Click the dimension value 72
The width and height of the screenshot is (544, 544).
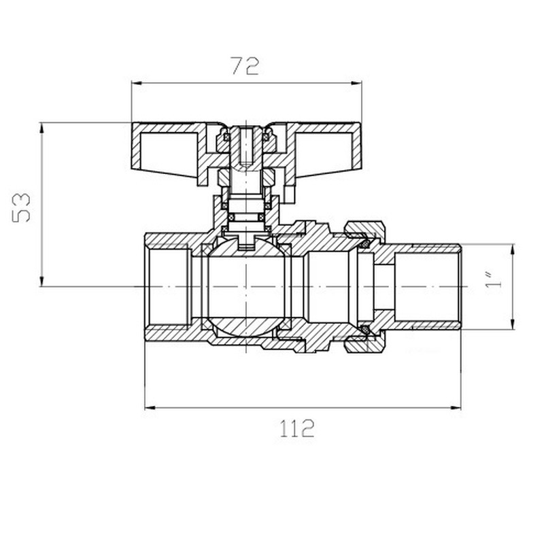[245, 66]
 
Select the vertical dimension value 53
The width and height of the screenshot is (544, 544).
[22, 205]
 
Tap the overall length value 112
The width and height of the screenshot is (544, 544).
[297, 429]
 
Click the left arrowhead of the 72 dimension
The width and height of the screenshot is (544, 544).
[135, 84]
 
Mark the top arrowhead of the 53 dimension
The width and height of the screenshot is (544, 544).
[42, 127]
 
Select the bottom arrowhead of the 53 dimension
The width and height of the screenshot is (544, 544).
[42, 282]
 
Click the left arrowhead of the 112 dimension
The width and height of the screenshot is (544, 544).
[150, 408]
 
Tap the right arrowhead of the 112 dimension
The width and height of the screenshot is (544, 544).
[456, 408]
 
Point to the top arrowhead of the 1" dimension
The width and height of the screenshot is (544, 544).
[511, 248]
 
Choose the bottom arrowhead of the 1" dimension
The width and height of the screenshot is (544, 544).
[511, 326]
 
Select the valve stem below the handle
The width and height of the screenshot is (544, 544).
[246, 197]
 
